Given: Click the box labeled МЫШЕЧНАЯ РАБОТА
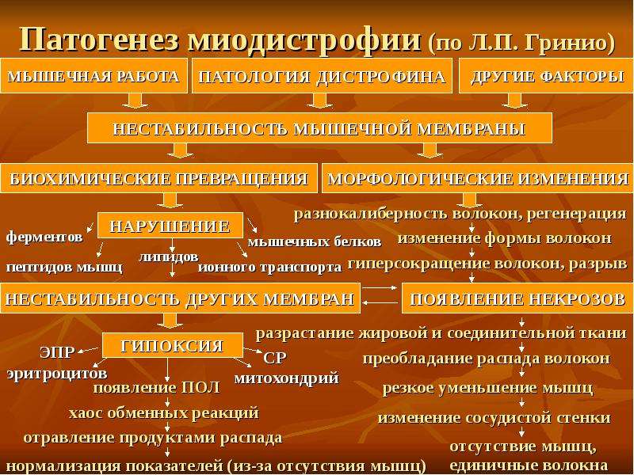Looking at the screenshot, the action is pyautogui.click(x=94, y=76).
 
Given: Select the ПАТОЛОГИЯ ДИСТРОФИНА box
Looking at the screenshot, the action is pyautogui.click(x=322, y=76).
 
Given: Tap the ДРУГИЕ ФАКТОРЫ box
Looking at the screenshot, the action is pyautogui.click(x=546, y=76).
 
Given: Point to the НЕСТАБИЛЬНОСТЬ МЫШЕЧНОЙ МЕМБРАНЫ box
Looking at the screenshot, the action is pyautogui.click(x=319, y=128).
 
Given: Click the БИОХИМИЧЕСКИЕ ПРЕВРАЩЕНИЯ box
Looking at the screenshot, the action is pyautogui.click(x=159, y=178).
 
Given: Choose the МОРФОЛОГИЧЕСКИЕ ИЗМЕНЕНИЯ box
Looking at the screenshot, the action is pyautogui.click(x=478, y=178).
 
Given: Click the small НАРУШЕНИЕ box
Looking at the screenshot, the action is pyautogui.click(x=170, y=226).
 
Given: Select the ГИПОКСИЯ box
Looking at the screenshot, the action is pyautogui.click(x=173, y=345).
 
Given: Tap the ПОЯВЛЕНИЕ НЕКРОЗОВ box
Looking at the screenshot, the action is pyautogui.click(x=518, y=298).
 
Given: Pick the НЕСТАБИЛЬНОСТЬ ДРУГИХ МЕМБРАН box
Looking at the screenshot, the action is pyautogui.click(x=180, y=298).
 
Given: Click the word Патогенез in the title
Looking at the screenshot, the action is pyautogui.click(x=98, y=39).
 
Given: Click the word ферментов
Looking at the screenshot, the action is pyautogui.click(x=44, y=237).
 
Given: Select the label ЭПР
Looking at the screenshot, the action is pyautogui.click(x=57, y=352).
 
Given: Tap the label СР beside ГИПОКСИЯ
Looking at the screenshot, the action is pyautogui.click(x=274, y=358).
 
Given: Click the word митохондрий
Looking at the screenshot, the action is pyautogui.click(x=287, y=378).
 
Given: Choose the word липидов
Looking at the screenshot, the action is pyautogui.click(x=169, y=256).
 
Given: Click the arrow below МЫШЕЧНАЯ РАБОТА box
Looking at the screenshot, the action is pyautogui.click(x=135, y=101).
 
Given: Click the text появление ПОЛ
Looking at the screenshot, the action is pyautogui.click(x=157, y=388).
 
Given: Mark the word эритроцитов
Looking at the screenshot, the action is pyautogui.click(x=57, y=373).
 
